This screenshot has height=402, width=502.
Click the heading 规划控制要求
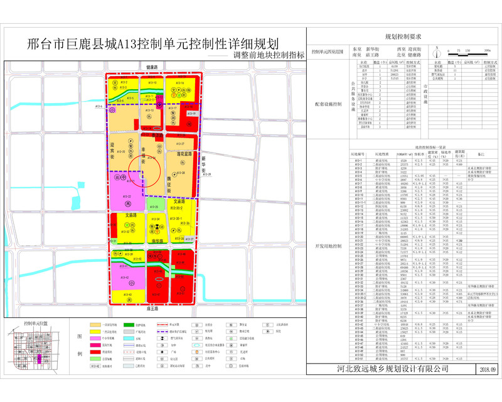pyautogui.click(x=398, y=37)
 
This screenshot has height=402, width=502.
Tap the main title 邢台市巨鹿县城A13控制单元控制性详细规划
pyautogui.click(x=154, y=46)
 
